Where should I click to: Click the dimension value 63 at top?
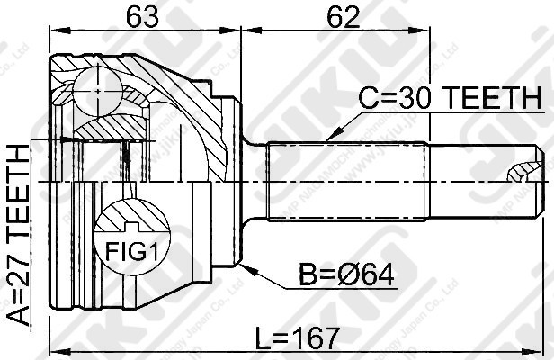point(138,17)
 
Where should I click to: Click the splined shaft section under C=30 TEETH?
point(346,180)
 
